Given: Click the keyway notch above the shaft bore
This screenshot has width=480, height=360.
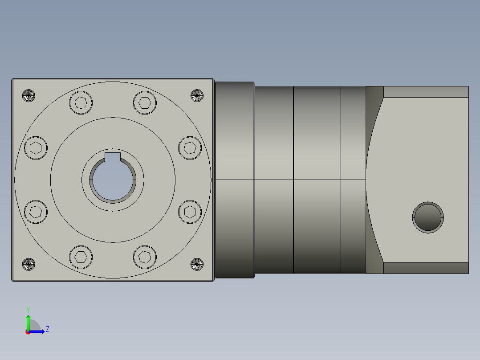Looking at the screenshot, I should [x=113, y=156].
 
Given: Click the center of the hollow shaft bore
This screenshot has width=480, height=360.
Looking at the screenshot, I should [x=113, y=180].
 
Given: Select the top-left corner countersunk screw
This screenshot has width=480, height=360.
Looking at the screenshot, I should [x=28, y=95].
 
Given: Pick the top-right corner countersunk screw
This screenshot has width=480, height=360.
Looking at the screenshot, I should [x=197, y=95].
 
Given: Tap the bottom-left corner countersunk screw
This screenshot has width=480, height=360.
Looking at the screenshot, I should [x=28, y=264].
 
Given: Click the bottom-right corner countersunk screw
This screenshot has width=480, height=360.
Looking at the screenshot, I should [x=197, y=264].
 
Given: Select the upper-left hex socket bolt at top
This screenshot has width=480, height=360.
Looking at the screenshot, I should [x=81, y=103].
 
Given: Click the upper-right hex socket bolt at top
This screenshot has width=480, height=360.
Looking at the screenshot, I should [x=144, y=103].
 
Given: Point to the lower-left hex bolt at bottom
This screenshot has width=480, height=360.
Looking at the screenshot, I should [x=81, y=257].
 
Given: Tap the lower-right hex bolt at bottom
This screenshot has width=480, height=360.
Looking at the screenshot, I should [x=144, y=257].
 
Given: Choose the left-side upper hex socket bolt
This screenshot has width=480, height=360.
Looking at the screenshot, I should [x=36, y=148].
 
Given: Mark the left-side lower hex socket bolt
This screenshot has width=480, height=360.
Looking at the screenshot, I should [x=36, y=212].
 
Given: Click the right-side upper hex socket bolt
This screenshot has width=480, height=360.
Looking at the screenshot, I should [x=190, y=148].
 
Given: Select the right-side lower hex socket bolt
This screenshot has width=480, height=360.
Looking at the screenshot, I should [x=190, y=212].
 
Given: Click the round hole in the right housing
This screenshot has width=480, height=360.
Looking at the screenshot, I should [x=427, y=217].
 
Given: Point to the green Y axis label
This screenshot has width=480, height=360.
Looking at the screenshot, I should [x=28, y=309].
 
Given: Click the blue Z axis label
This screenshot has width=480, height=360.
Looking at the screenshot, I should [x=47, y=329].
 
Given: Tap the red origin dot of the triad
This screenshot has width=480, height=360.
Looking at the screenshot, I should [x=28, y=332].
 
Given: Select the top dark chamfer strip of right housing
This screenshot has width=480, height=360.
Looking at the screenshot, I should [x=425, y=92].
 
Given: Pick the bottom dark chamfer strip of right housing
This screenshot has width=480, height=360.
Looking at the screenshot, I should [x=425, y=268].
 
